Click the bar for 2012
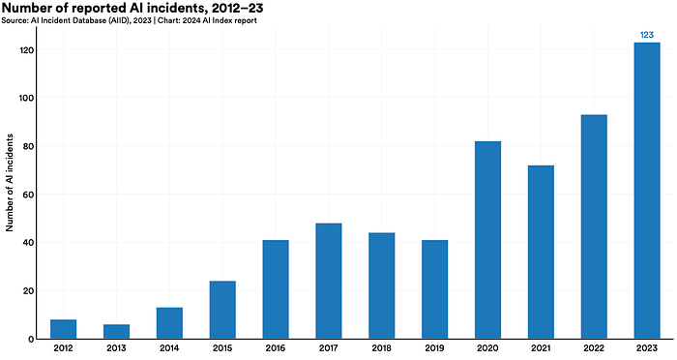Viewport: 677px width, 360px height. [x=64, y=329]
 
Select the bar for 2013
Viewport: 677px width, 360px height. [x=117, y=332]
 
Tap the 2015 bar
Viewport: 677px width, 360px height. [x=222, y=310]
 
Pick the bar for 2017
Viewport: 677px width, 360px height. [x=329, y=281]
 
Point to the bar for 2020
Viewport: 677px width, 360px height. [x=487, y=240]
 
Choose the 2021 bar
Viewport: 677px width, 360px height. [x=541, y=252]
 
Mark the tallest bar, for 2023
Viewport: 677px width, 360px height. [x=647, y=191]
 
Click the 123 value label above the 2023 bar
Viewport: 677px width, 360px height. [x=647, y=35]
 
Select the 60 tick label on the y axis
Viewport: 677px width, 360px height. [x=28, y=195]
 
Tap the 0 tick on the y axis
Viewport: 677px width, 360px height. [x=31, y=340]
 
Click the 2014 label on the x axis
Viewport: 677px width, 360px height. [x=169, y=347]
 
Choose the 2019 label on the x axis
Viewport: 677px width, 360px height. [x=434, y=347]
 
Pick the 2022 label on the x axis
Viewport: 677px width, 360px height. [x=594, y=347]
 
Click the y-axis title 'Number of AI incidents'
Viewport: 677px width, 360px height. [x=10, y=182]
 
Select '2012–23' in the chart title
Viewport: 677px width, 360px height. [x=238, y=8]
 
